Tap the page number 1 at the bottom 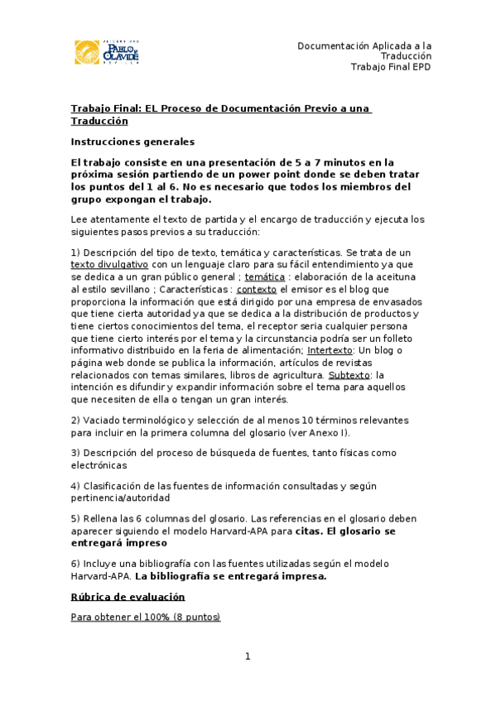(247, 656)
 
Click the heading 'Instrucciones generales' (132, 142)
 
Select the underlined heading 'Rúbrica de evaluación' (128, 597)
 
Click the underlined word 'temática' (264, 276)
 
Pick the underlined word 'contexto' (257, 290)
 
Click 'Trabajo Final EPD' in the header (390, 67)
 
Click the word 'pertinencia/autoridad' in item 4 (120, 498)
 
